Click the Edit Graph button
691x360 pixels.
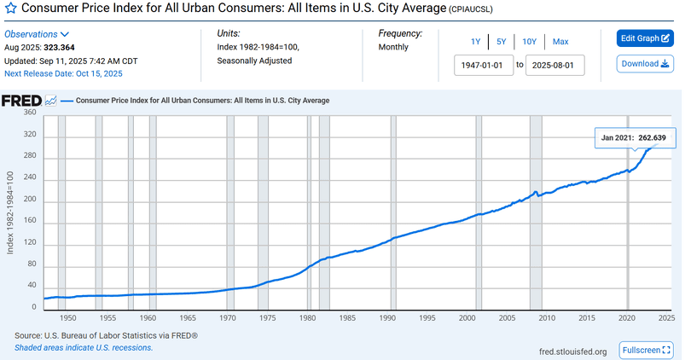tap(644, 38)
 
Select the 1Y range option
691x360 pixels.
tap(475, 41)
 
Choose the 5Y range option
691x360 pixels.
tap(502, 41)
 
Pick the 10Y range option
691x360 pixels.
tap(530, 41)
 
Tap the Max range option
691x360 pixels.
tap(560, 41)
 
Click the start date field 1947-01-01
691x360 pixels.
tap(484, 64)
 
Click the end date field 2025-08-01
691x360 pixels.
tap(555, 64)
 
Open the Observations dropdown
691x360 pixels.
tap(36, 33)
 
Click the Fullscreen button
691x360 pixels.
tap(647, 351)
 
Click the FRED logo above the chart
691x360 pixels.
tap(22, 100)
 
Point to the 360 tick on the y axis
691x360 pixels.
tap(30, 113)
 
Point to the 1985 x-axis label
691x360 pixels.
tap(347, 318)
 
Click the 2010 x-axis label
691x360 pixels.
tap(547, 318)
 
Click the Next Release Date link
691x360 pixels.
tap(57, 73)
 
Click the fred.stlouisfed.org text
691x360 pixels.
tap(572, 351)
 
